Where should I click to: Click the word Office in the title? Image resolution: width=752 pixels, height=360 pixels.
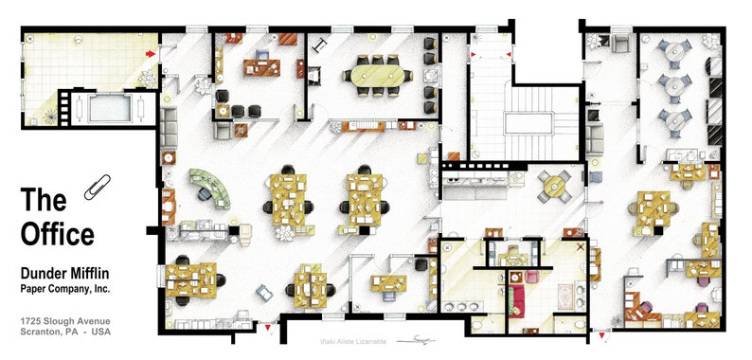(58, 234)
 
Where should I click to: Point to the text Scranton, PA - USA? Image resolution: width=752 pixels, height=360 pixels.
(65, 334)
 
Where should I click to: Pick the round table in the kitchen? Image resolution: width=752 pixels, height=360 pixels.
(552, 188)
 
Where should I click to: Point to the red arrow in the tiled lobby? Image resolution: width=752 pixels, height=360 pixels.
(151, 54)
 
